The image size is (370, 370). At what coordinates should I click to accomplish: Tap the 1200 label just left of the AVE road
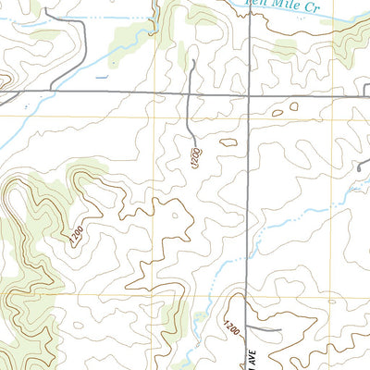(228, 327)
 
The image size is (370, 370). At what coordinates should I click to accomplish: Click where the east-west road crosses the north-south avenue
(251, 94)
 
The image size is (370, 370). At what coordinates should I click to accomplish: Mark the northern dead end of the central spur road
(193, 61)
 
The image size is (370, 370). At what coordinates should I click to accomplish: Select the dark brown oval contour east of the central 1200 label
(228, 142)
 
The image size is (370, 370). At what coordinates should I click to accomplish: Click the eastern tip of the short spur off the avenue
(278, 329)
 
